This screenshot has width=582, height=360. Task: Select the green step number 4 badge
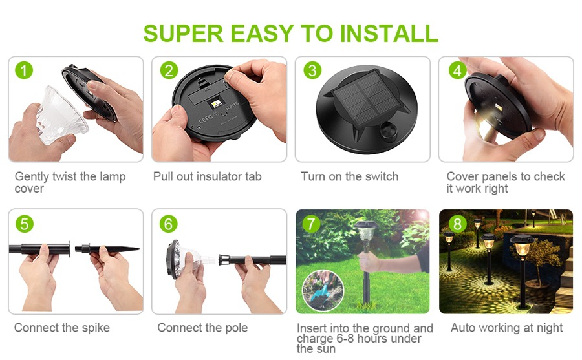click(457, 70)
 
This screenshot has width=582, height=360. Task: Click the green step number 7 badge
click(311, 224)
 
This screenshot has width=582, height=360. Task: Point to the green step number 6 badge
click(168, 224)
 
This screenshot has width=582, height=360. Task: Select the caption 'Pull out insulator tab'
click(207, 176)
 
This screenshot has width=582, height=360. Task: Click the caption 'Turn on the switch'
click(349, 176)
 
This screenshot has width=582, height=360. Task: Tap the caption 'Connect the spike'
click(62, 328)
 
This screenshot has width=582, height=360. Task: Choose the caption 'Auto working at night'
click(506, 328)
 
